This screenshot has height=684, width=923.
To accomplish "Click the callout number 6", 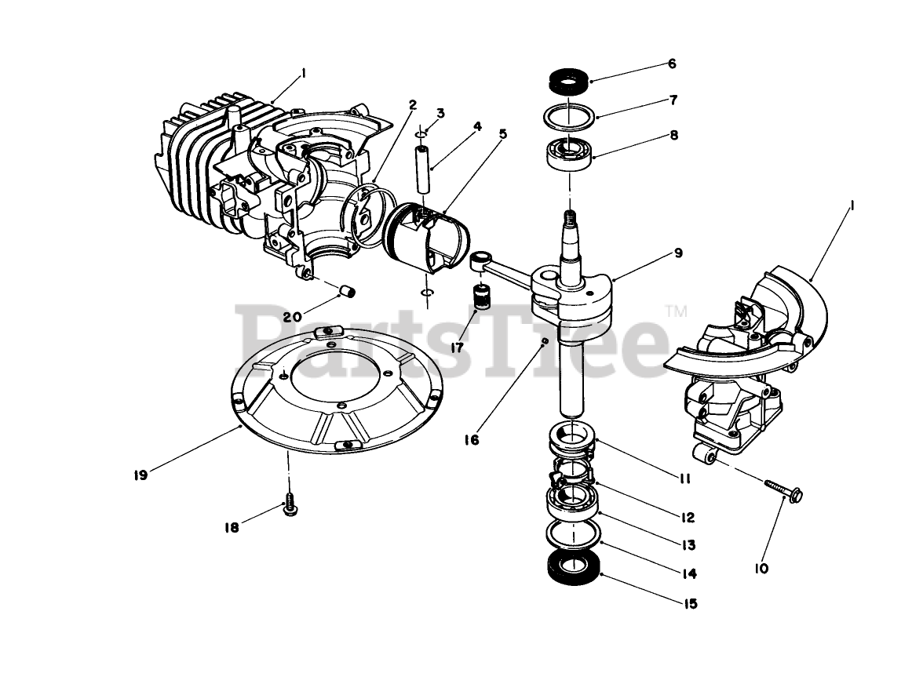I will [x=671, y=64].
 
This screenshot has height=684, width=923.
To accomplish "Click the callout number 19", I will [x=140, y=475].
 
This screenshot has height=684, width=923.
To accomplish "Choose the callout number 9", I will [x=677, y=253].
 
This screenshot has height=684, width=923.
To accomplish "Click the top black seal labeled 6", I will [x=567, y=80].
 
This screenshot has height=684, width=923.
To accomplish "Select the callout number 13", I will [x=688, y=544].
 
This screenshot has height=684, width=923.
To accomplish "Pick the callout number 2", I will [x=413, y=104].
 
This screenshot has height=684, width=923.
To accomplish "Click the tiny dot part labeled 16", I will [x=544, y=340].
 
